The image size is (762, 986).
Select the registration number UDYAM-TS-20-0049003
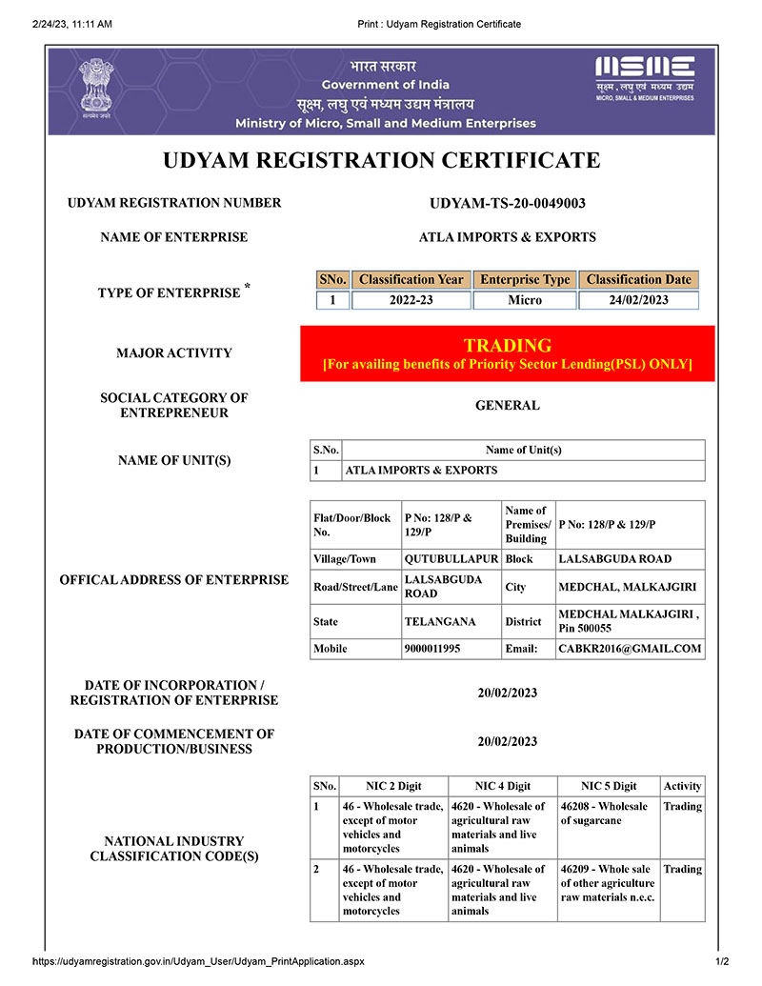[507, 203]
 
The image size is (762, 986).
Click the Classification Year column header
[411, 279]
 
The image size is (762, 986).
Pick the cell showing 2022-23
[411, 300]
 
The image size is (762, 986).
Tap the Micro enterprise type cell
[525, 300]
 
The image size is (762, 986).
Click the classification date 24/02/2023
[638, 300]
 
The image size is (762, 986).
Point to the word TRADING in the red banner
[507, 346]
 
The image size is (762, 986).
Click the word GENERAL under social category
[507, 405]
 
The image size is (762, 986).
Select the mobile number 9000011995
[432, 649]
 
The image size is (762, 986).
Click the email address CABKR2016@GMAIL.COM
[630, 649]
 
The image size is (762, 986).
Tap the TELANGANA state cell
[440, 622]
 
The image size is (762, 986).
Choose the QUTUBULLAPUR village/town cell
[451, 559]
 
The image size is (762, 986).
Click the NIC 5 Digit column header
[609, 786]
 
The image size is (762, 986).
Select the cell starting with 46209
[607, 883]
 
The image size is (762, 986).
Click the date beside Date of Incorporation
[507, 693]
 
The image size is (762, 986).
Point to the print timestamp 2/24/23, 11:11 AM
[72, 24]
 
